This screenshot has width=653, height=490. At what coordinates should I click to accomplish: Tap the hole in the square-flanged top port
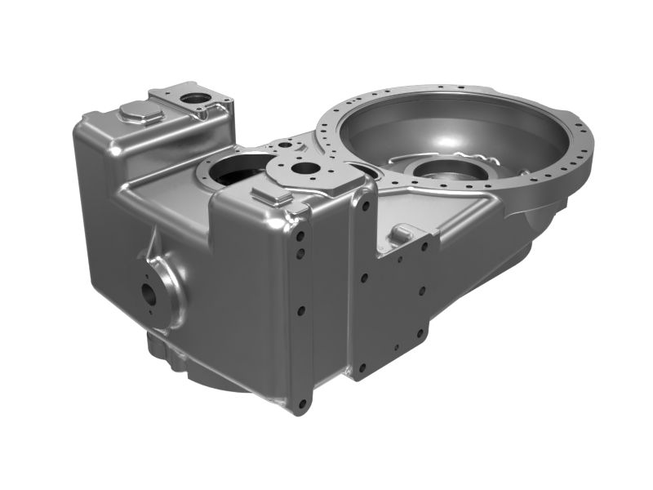tap(196, 99)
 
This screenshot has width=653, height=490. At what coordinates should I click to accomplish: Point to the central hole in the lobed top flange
tap(305, 168)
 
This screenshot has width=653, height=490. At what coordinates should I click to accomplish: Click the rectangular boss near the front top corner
tap(271, 195)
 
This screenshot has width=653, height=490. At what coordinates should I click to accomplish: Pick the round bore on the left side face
tap(152, 292)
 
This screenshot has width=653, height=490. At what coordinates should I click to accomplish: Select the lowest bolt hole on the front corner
tap(302, 403)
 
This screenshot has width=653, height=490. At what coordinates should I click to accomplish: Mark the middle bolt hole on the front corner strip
tap(302, 310)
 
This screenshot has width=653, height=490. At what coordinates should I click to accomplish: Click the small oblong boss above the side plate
tap(402, 234)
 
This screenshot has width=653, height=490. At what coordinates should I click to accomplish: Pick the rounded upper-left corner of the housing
tap(86, 127)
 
